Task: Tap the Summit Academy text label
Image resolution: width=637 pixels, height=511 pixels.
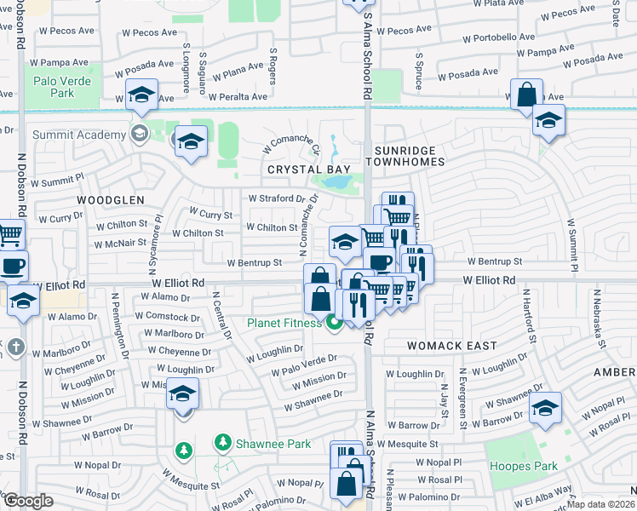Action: click(78, 135)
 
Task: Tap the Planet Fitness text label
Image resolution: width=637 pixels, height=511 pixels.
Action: click(284, 322)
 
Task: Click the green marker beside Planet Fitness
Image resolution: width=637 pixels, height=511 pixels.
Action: click(335, 322)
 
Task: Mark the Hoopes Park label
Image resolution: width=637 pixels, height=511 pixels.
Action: click(523, 466)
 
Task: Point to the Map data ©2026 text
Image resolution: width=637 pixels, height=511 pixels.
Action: click(601, 504)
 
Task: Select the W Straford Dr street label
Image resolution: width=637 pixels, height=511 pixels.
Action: click(276, 198)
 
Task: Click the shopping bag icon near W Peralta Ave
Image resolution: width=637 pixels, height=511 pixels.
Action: click(527, 95)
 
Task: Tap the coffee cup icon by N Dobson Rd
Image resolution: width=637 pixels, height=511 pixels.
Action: click(13, 266)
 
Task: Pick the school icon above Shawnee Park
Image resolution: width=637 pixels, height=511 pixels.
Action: click(183, 394)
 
